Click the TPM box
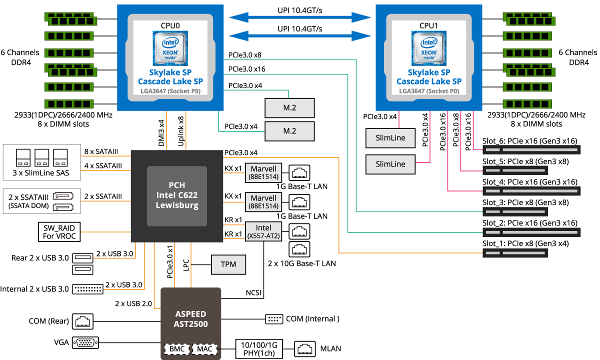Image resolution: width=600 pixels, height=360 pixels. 228,264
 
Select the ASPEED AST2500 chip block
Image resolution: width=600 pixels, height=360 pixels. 190,318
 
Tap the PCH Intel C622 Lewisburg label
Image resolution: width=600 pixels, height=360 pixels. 176,195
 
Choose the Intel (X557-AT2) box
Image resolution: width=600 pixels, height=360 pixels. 263,231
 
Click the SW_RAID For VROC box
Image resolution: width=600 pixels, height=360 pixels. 58,231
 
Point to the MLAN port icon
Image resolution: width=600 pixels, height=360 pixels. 303,348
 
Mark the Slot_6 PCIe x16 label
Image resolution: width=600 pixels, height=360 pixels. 530,141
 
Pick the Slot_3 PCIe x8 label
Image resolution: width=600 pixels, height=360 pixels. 525,202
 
